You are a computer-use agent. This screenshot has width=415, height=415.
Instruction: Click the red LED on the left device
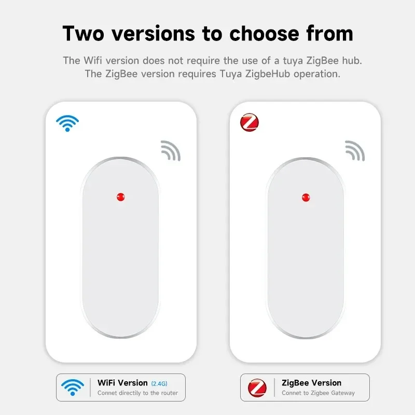point(121,197)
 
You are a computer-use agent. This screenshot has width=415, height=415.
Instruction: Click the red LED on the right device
point(306,197)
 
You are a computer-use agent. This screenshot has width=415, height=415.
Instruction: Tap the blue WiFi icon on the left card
point(67,123)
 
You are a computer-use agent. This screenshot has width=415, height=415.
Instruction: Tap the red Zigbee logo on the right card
point(250,123)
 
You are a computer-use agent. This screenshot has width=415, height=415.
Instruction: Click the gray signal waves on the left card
point(171,150)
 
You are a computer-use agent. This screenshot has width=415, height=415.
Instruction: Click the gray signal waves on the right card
point(355,150)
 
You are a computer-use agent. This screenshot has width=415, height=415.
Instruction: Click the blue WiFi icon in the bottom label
point(72,387)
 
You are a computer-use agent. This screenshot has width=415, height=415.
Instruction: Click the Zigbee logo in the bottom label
point(257,388)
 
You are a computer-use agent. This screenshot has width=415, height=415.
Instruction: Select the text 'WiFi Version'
point(122,383)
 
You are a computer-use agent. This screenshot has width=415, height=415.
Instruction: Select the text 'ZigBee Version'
point(311,383)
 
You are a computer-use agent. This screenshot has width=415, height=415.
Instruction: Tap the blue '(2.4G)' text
point(159,383)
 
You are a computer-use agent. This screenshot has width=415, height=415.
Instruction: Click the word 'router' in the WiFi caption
point(169,393)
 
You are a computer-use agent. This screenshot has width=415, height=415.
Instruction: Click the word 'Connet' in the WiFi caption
point(107,393)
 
